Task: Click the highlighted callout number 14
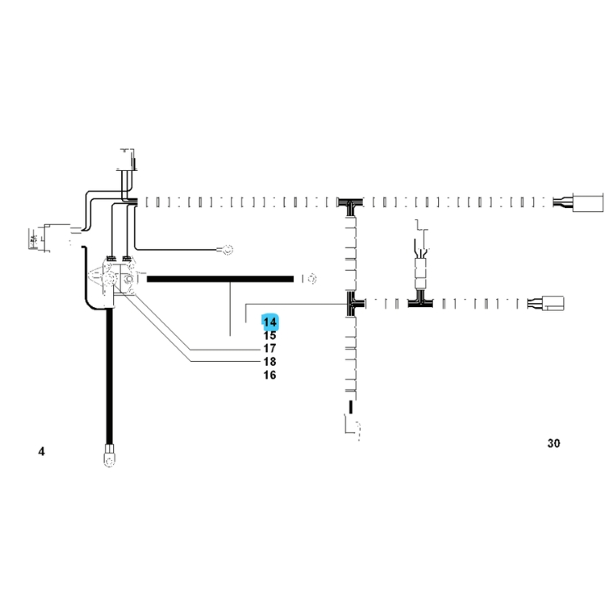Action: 270,323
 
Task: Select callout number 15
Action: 270,336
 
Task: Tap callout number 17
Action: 270,348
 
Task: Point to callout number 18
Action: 270,361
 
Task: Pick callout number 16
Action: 270,375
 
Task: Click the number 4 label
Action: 42,451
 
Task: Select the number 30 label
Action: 553,443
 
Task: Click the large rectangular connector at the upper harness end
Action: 588,202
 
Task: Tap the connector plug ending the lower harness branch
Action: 553,304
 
